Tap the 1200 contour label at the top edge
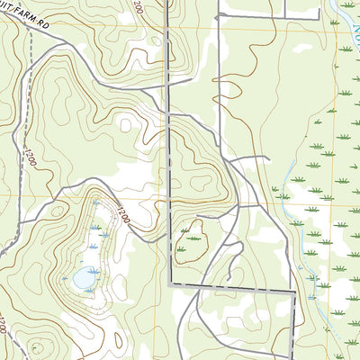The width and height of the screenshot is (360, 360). [138, 6]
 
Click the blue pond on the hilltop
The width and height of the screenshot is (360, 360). [85, 278]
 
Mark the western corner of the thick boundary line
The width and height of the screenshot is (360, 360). [170, 284]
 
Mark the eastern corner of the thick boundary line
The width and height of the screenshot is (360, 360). [295, 293]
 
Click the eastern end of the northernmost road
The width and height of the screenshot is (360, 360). [319, 17]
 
